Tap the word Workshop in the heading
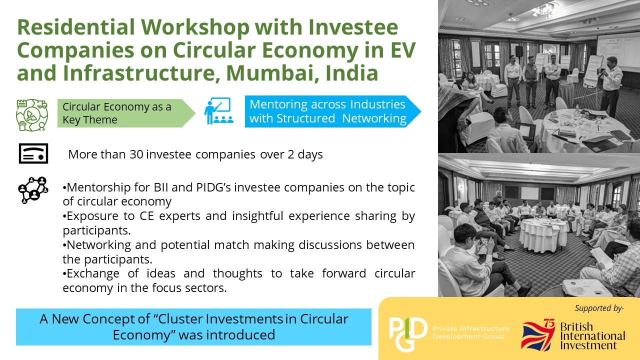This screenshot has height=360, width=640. tap(195, 27)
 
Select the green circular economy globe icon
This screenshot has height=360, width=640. tap(32, 115)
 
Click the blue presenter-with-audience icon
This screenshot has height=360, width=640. tap(218, 111)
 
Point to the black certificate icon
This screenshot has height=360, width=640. tap(33, 153)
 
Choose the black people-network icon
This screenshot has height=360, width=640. tap(33, 190)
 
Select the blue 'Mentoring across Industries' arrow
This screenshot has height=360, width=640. tap(333, 111)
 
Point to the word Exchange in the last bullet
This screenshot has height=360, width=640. tap(93, 274)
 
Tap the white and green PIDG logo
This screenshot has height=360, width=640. tap(408, 334)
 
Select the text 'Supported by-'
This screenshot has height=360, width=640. tap(599, 308)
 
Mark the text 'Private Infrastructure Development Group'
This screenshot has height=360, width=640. tap(471, 332)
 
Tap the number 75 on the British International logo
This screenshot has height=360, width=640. tap(549, 323)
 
